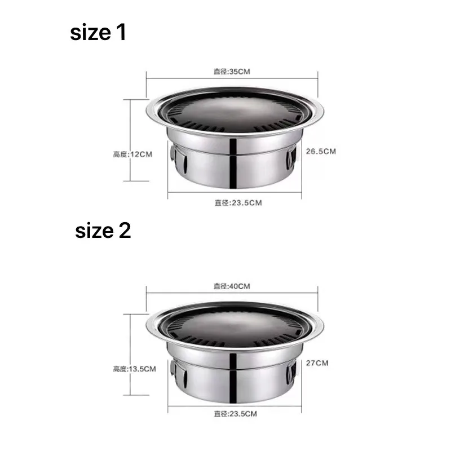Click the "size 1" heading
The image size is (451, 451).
[x=98, y=32]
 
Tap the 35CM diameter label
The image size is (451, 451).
[x=232, y=72]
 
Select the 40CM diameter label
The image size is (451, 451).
[x=232, y=286]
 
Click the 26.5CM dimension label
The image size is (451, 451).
[x=321, y=152]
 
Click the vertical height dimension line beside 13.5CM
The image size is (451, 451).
[x=131, y=344]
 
